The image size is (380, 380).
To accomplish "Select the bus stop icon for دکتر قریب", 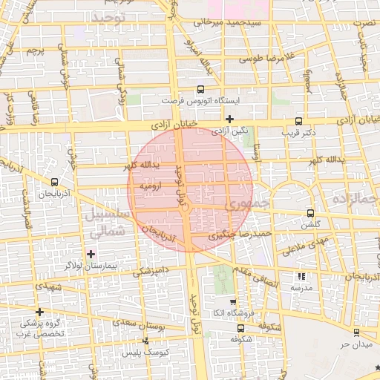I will (x=299, y=121).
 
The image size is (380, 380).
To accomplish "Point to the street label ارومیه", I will (x=150, y=188).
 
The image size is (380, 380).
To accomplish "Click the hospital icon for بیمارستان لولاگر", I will (x=91, y=254).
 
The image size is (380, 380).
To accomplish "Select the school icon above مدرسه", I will (x=301, y=276).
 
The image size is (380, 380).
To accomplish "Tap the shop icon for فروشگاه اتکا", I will (x=232, y=303).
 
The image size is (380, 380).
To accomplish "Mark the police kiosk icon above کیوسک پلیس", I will (x=146, y=341).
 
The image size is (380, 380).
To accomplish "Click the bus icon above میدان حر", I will (x=358, y=332).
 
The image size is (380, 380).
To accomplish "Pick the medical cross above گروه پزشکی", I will (x=39, y=312).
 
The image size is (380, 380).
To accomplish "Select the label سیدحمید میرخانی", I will (x=229, y=23).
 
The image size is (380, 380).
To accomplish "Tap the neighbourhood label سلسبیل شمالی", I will (x=107, y=221).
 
